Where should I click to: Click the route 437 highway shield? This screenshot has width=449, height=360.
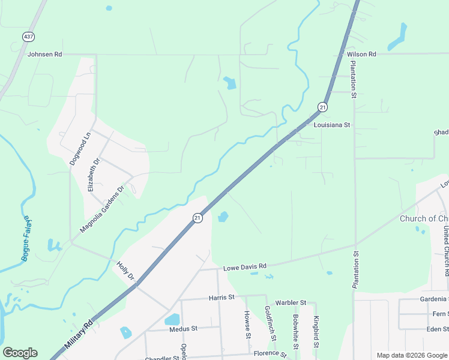pos(28,37)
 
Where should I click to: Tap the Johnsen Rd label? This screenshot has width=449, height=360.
pos(45,54)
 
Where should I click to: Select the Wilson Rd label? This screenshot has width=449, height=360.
pos(361,54)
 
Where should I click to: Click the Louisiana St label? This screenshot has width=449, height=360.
pos(332,125)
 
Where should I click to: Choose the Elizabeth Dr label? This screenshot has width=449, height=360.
pos(93,174)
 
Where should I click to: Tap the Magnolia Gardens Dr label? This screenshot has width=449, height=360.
pos(102,209)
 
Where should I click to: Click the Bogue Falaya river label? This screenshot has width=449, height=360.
pos(27,239)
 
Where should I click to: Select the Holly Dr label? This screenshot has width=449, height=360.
pos(125,271)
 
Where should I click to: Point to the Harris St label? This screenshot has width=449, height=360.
pos(221,297)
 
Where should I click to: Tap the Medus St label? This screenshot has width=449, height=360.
pos(183,329)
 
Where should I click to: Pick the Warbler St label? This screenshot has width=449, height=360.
pos(291,302)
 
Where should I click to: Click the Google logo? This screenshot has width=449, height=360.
pos(20,353)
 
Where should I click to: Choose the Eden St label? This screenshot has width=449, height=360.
pos(437,329)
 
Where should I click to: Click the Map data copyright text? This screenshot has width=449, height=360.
pos(412,355)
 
